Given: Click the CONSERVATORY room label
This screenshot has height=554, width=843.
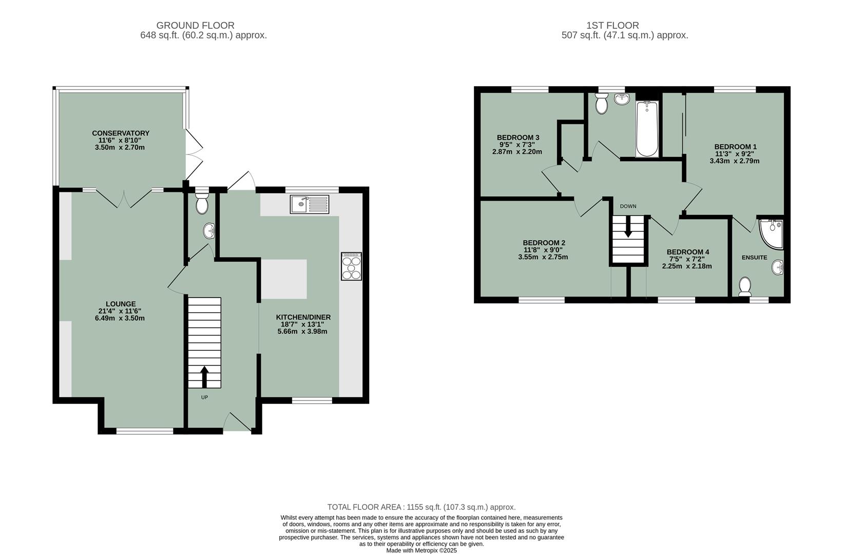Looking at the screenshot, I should click(121, 133).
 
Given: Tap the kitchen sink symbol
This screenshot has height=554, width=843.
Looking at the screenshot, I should click(310, 204).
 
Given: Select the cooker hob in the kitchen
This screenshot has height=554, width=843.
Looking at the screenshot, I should click(352, 266).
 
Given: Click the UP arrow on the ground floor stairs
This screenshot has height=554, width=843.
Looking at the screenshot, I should click(204, 377).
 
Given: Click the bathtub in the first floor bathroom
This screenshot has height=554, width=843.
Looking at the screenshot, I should click(647, 129).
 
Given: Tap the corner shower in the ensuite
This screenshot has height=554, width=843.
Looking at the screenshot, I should click(772, 232).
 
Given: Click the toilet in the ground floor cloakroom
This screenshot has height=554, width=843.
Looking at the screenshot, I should click(202, 203).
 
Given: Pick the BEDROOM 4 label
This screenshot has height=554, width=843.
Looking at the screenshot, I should click(688, 252).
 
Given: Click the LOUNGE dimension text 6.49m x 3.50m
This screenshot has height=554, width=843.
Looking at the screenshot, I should click(120, 318).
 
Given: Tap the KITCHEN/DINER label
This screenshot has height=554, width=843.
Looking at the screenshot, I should click(303, 317).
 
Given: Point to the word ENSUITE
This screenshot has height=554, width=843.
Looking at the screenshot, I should click(754, 258).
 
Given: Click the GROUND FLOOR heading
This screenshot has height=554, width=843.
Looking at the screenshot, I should click(195, 25).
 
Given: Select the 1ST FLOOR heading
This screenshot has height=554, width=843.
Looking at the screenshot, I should click(612, 25).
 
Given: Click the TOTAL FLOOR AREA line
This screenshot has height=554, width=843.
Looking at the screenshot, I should click(421, 507).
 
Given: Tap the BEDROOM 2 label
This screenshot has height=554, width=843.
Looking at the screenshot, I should click(544, 243).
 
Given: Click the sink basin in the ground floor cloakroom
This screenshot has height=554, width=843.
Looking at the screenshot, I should click(209, 231).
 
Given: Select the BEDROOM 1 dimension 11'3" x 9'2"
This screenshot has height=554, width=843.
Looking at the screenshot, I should click(735, 154).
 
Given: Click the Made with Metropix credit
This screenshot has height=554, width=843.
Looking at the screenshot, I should click(421, 550).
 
